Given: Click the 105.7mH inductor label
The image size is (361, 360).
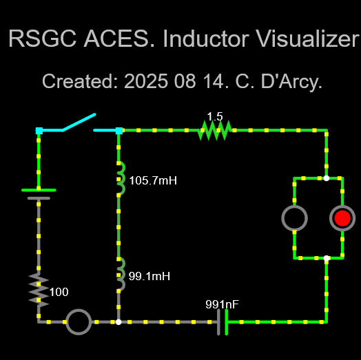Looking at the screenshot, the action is [153, 180].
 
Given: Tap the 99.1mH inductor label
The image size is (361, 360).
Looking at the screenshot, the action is [149, 276].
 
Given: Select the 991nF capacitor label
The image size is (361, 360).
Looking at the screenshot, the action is [222, 304].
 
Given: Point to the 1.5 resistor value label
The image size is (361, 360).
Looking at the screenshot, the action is [215, 116].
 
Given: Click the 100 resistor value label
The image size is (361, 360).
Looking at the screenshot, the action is [59, 292].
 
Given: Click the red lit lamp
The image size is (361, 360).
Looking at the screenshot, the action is [342, 218].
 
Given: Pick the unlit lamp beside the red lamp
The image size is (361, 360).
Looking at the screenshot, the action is [294, 218].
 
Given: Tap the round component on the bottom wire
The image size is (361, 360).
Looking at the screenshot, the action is [79, 322].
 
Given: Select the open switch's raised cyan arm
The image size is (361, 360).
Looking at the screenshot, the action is [79, 122].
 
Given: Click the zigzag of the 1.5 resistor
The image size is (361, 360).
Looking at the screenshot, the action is [215, 130].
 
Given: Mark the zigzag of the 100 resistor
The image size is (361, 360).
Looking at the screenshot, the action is [39, 290].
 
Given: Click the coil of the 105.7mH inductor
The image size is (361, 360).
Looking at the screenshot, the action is [121, 178].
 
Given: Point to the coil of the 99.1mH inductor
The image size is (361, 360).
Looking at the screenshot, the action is [121, 274].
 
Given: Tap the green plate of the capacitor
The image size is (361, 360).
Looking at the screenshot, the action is [227, 322].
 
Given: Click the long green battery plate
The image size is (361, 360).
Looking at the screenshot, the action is [39, 190].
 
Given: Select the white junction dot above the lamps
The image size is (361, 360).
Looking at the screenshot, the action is [327, 178].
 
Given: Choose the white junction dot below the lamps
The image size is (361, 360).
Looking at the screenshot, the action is [327, 258].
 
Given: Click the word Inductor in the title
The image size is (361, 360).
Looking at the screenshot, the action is [206, 39].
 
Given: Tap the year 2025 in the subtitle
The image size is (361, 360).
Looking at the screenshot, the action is [146, 81].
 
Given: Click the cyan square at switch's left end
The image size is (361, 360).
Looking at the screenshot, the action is [39, 131].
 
